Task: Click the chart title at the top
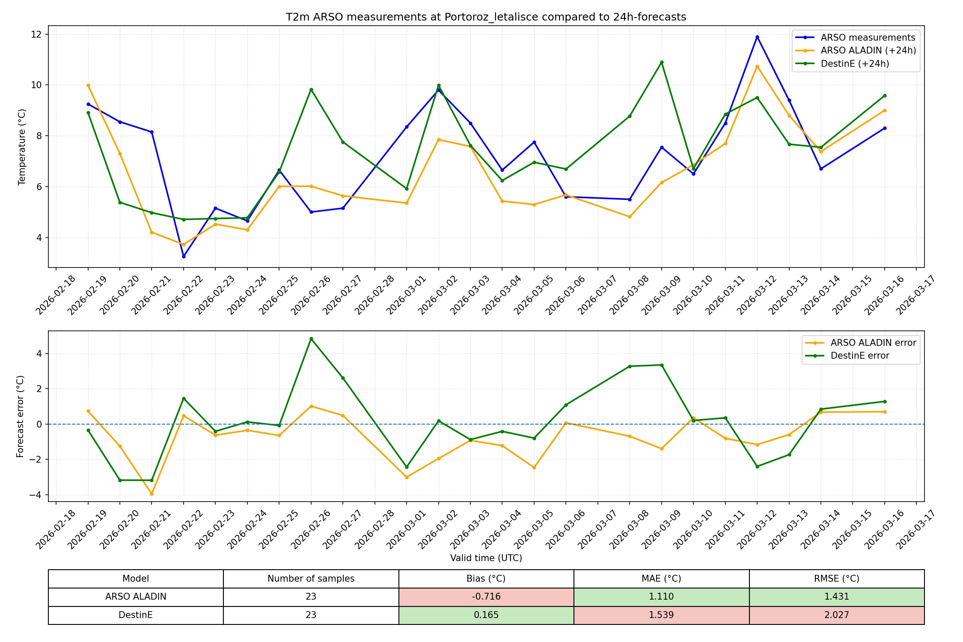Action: tap(486, 17)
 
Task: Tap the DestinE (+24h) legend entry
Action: tap(855, 64)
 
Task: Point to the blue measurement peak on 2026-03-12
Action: tap(757, 37)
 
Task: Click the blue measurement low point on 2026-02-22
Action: tap(184, 256)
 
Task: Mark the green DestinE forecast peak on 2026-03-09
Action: tap(662, 62)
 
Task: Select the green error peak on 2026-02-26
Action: tap(311, 339)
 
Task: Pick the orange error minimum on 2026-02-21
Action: tap(152, 494)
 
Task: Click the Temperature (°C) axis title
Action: tap(22, 147)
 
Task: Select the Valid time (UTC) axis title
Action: tap(486, 558)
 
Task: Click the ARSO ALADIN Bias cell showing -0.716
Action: tap(486, 597)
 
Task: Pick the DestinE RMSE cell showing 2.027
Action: tap(836, 615)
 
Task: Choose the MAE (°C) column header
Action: tap(661, 579)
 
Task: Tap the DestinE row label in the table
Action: tap(136, 615)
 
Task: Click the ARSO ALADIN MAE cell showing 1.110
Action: tap(661, 597)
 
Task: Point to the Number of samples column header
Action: tap(311, 579)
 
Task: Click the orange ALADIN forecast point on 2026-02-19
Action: tap(88, 86)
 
